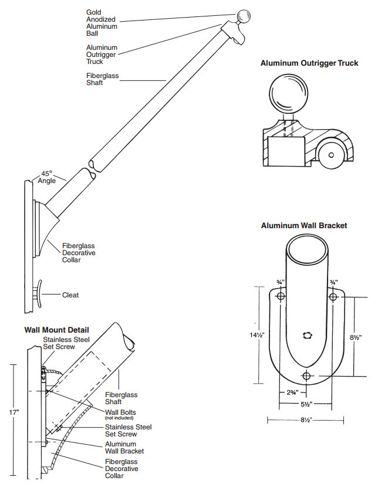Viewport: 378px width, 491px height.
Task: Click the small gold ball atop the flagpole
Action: pos(244,16)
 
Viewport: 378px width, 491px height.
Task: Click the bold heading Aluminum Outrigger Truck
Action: pos(309,63)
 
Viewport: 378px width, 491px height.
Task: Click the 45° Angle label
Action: pos(47,177)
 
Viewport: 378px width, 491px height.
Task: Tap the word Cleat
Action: pos(70,295)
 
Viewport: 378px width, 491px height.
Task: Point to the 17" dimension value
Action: pos(14,412)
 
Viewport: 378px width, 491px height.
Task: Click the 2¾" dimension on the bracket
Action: pos(292,392)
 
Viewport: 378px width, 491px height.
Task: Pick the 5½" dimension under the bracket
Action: pos(304,404)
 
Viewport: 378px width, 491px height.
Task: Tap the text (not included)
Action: pos(119,418)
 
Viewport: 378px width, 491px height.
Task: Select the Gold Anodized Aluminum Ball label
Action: pos(101,23)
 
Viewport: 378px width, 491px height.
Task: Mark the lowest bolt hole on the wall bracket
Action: pos(306,376)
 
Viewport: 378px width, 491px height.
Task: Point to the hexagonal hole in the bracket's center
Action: pos(306,336)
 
